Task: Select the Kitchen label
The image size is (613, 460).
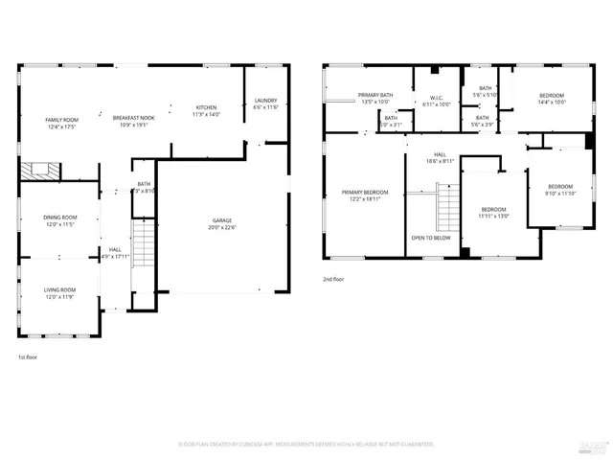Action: click(x=207, y=107)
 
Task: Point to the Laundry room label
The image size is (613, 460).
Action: click(x=264, y=101)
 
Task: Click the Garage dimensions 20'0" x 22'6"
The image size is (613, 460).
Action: click(x=222, y=228)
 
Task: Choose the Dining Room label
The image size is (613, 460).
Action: click(x=59, y=218)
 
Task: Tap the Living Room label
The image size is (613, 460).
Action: click(x=59, y=289)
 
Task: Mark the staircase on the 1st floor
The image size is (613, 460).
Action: click(x=143, y=244)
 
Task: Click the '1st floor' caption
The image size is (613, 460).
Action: click(x=28, y=357)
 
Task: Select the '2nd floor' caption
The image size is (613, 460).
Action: click(x=334, y=281)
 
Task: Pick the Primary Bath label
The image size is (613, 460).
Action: click(x=375, y=95)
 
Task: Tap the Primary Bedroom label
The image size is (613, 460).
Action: click(x=365, y=193)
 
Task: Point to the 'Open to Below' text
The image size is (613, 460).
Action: click(x=431, y=237)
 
